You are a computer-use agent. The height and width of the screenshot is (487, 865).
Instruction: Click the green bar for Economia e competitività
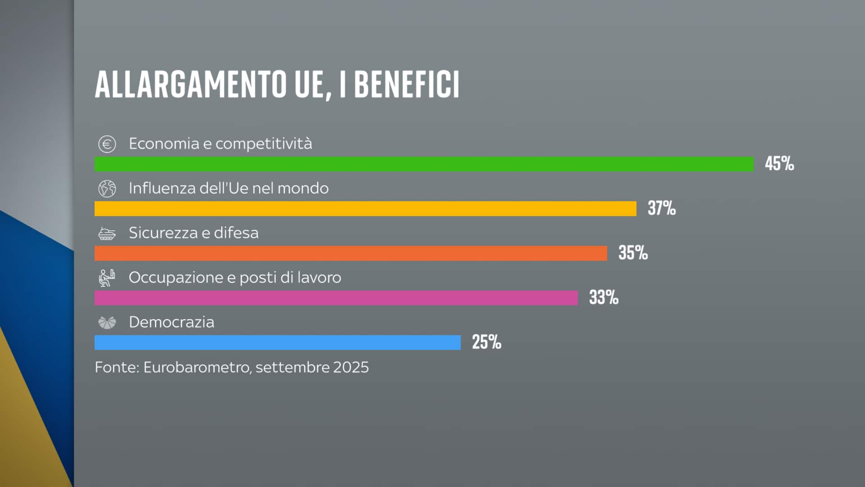point(423,164)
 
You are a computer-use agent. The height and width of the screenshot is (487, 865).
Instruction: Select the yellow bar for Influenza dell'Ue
point(365,209)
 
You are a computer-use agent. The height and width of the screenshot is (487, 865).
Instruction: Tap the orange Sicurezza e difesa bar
point(351,253)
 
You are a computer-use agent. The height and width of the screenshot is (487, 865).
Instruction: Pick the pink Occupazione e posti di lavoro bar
point(336,298)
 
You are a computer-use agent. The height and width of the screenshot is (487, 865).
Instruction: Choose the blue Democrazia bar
point(278,343)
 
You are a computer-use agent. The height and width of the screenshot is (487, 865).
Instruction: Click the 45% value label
point(779,163)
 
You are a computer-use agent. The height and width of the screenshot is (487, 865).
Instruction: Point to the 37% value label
point(661,208)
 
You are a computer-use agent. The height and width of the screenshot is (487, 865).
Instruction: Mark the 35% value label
point(633,253)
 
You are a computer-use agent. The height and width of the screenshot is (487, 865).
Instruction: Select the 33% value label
point(604,297)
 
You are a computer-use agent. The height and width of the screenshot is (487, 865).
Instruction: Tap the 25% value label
point(486,342)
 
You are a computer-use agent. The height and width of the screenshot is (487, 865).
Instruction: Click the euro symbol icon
point(107,144)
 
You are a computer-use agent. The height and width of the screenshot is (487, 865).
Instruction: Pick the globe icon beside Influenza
point(107,188)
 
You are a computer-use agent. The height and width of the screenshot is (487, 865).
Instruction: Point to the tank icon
point(107,234)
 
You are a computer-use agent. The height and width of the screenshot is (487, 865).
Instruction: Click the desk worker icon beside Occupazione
point(107,278)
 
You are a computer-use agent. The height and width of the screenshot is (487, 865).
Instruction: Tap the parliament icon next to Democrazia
point(107,322)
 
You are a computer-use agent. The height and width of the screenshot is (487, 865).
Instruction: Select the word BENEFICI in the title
point(406,84)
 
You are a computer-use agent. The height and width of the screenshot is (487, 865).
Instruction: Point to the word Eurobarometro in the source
point(196,367)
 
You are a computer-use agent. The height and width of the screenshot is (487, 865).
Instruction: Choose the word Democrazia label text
point(171,322)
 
